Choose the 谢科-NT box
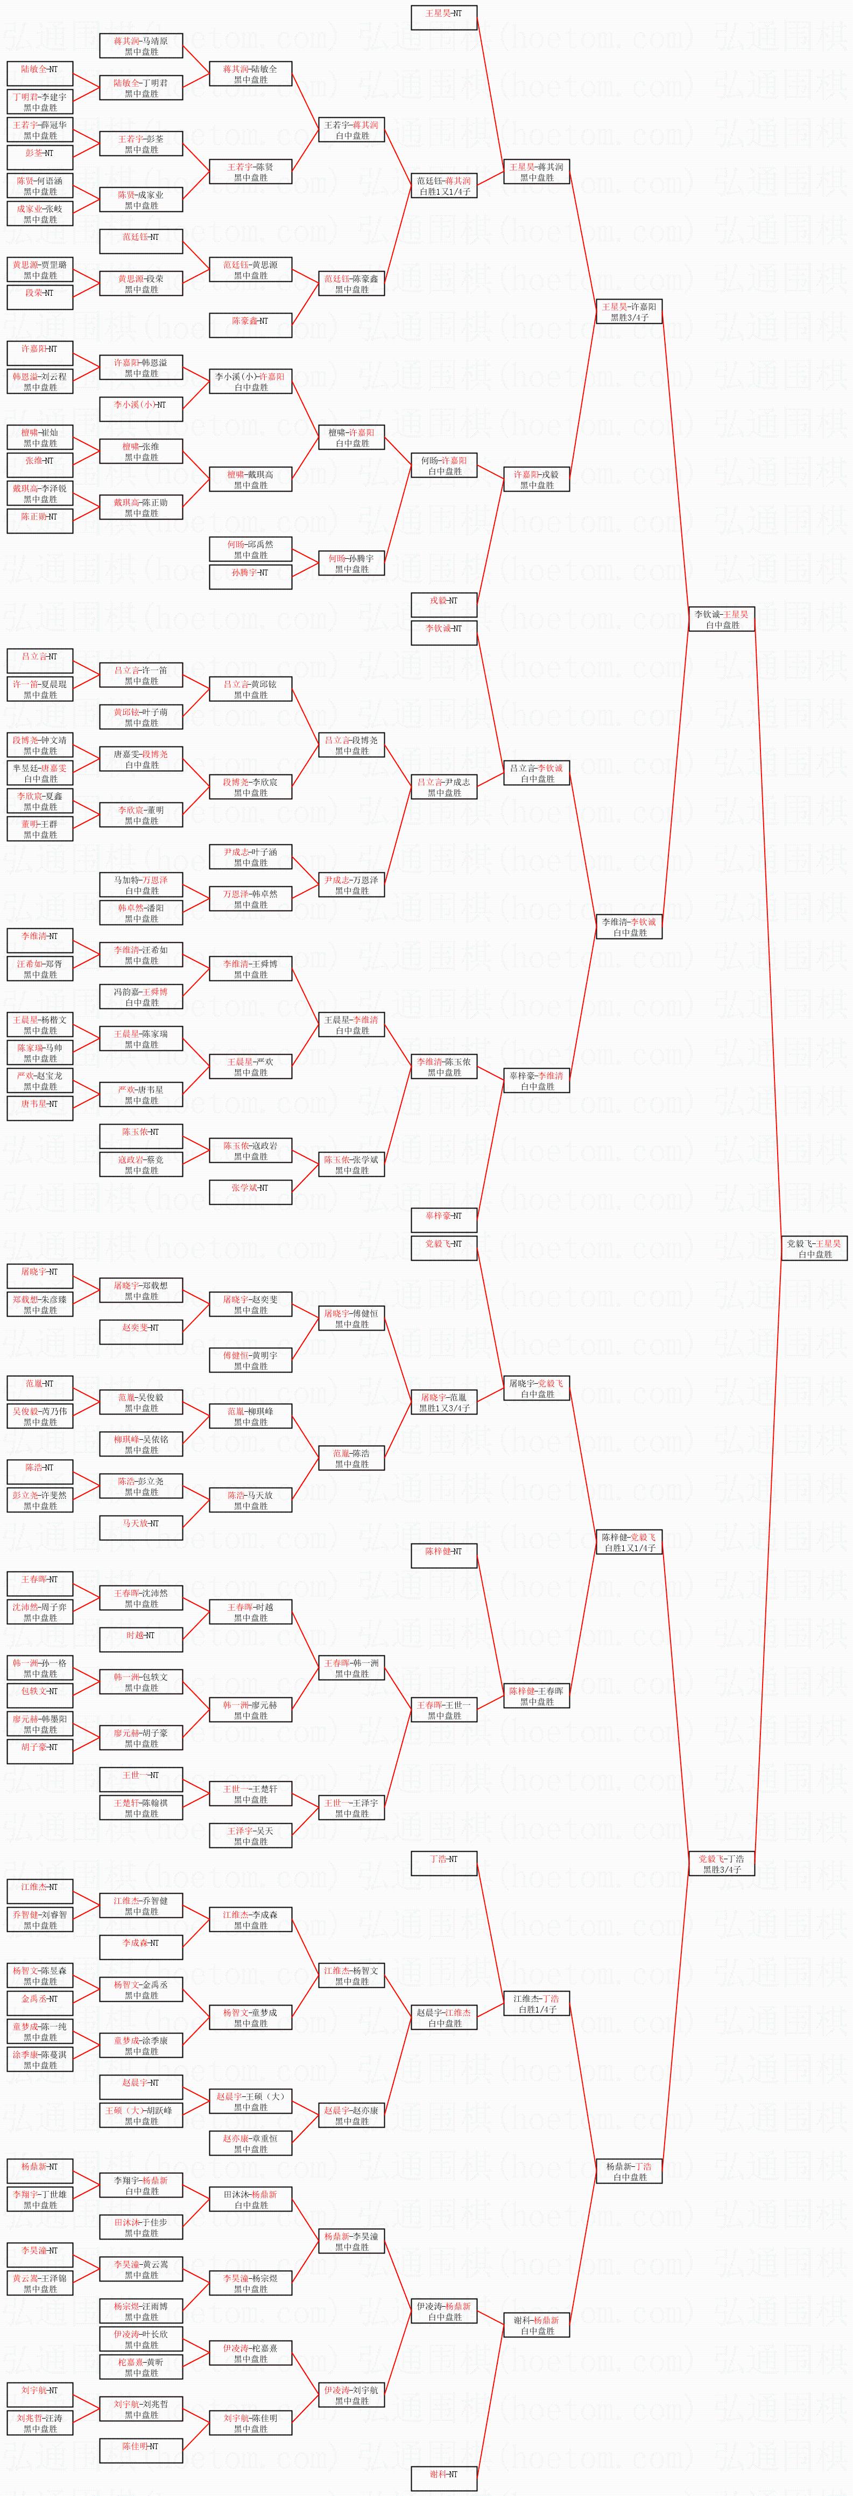(x=444, y=2474)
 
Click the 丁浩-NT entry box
(x=444, y=1859)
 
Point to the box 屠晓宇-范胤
(x=444, y=1402)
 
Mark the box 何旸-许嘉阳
(x=444, y=465)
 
